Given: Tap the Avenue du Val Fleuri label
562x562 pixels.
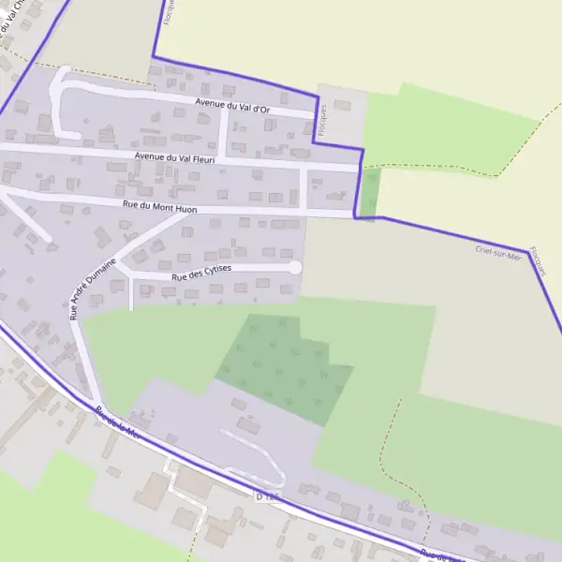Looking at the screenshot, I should (175, 158).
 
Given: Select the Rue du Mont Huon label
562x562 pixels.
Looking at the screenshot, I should (159, 206).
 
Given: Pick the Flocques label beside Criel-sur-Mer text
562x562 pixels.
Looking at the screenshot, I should (537, 259).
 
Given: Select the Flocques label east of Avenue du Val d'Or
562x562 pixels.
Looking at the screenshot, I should (323, 119).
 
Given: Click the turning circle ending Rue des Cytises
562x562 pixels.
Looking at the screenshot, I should (294, 268).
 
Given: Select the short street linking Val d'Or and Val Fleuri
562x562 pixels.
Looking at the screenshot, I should (223, 131).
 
